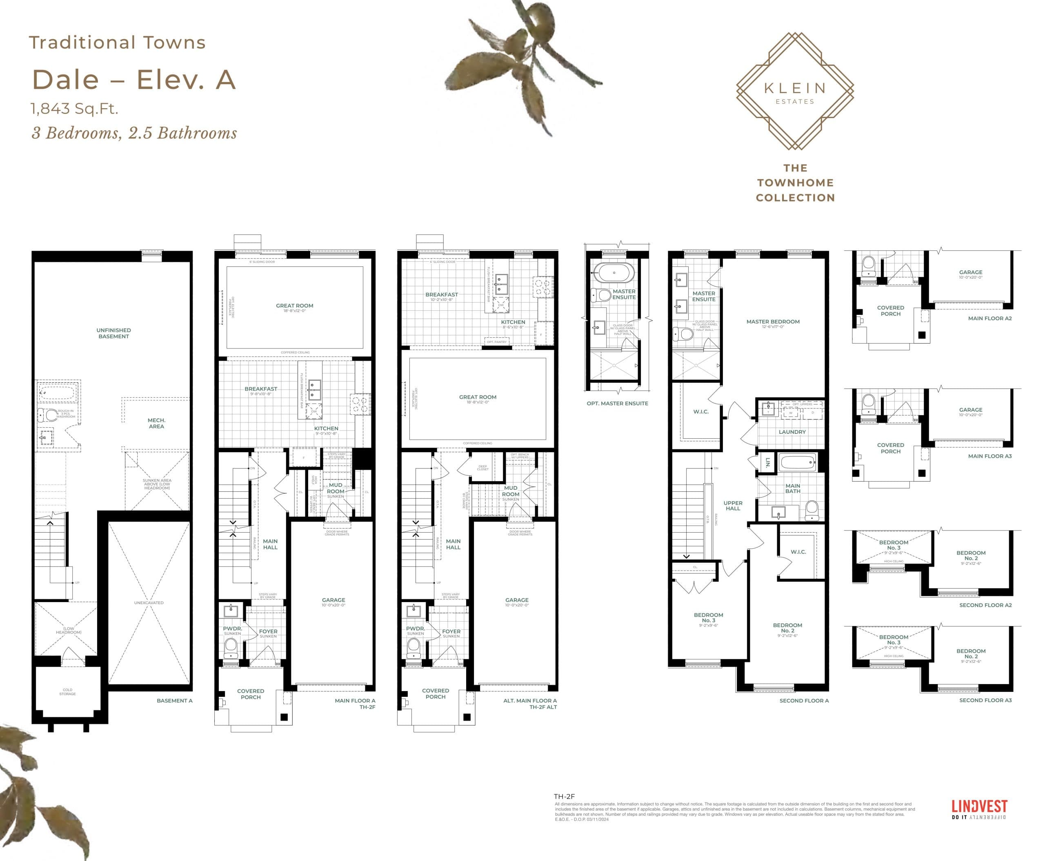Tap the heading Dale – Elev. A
tap(134, 80)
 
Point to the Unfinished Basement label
tap(113, 333)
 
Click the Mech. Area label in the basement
tap(156, 423)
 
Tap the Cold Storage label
tap(67, 691)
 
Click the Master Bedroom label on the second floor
tap(773, 322)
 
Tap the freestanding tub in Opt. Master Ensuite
tap(613, 273)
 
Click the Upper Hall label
tap(733, 505)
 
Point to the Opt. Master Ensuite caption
tap(617, 403)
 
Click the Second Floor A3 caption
tap(985, 700)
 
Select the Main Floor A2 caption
tap(989, 319)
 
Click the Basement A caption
tap(174, 701)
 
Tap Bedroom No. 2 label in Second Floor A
tap(787, 628)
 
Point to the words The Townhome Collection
tap(795, 183)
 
